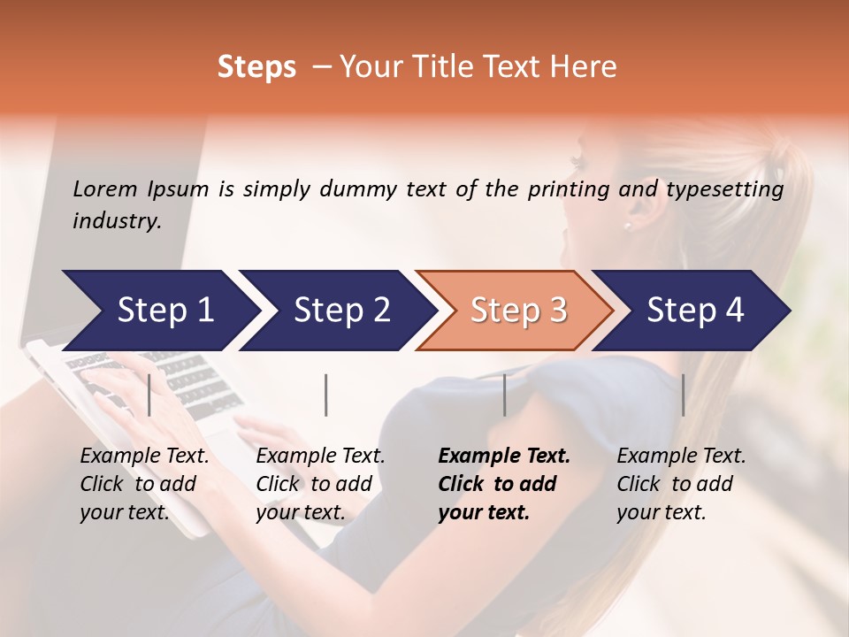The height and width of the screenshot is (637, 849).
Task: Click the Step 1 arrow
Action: pyautogui.click(x=159, y=311)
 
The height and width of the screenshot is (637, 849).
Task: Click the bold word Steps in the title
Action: pyautogui.click(x=256, y=67)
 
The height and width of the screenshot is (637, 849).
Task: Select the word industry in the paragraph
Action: pyautogui.click(x=117, y=221)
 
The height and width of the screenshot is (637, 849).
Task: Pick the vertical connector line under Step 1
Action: pyautogui.click(x=149, y=395)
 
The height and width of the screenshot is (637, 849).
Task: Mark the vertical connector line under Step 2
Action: pyautogui.click(x=326, y=395)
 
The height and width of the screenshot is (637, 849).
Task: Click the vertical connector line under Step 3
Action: pyautogui.click(x=505, y=395)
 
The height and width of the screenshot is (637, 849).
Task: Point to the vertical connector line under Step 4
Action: pyautogui.click(x=683, y=395)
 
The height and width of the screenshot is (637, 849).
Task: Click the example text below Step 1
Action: pyautogui.click(x=144, y=484)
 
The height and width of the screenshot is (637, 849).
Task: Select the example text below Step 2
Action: pyautogui.click(x=320, y=484)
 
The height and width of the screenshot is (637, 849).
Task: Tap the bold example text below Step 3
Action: pyautogui.click(x=504, y=484)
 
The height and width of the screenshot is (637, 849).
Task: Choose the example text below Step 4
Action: pyautogui.click(x=681, y=484)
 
